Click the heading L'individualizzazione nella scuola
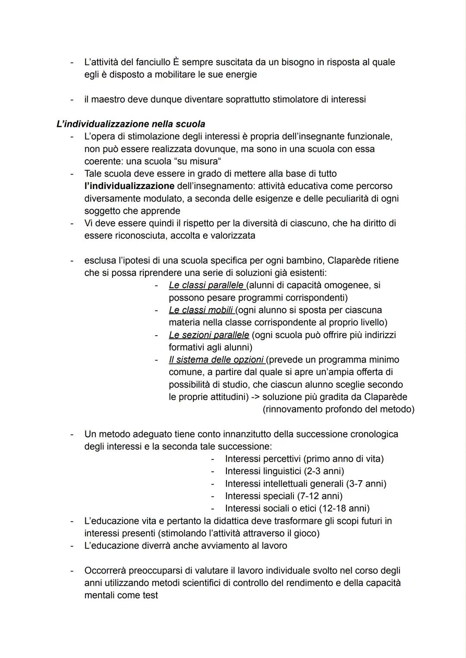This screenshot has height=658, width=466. pos(131,124)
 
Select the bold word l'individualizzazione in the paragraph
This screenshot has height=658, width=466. pos(129,186)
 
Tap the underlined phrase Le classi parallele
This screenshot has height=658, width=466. pos(206,285)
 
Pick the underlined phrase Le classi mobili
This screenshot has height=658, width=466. pos(201,310)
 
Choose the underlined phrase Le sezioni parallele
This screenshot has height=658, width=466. pos(209,335)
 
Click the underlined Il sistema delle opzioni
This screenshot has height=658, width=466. pos(216,360)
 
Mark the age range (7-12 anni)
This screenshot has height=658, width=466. pos(320,496)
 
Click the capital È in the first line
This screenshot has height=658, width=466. pos(176,62)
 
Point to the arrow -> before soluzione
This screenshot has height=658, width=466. pos(255,397)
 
